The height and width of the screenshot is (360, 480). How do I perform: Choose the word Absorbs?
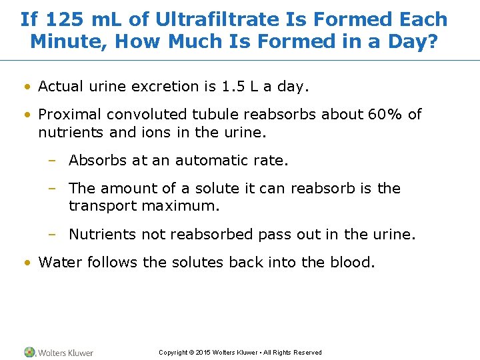pos(95,160)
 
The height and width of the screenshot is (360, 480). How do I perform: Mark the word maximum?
pos(180,206)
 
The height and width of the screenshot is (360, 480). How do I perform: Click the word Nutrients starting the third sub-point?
pos(99,235)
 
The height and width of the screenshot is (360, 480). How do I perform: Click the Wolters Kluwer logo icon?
pos(30,352)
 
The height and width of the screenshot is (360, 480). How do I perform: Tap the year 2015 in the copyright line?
pos(203,353)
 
